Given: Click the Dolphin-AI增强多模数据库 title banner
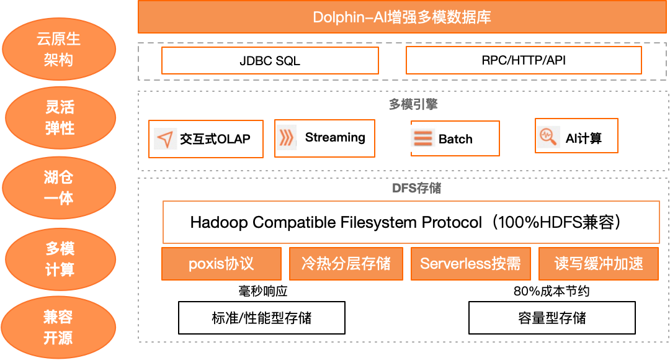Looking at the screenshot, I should coord(402,17).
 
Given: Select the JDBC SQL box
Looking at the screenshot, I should coord(270,61).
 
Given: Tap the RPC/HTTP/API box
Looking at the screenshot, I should coord(523,61).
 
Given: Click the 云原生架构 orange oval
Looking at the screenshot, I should coord(59,50).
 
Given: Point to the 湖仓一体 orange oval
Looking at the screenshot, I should coord(59,188).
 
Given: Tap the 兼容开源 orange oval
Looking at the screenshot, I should coord(58,328).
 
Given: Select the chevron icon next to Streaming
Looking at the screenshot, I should coord(287,137).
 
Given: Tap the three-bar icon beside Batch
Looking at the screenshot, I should coord(422,138).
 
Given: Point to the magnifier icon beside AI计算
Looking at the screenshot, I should coord(548,137).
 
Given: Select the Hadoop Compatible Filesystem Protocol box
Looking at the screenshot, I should coord(411,222).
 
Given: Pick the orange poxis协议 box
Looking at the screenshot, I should coord(221,264).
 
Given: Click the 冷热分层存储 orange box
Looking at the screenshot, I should coord(346,264).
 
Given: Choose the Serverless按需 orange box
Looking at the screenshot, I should coord(470,264).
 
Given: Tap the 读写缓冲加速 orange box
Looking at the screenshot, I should coord(599,264).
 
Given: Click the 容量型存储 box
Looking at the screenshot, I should coord(552,318).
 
